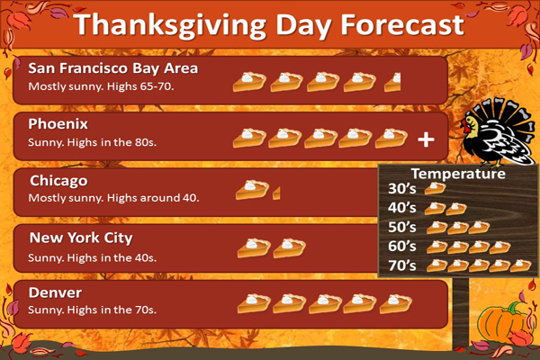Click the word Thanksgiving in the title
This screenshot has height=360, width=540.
click(170, 25)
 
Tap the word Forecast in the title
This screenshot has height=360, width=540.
click(402, 24)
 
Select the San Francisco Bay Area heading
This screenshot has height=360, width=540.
click(113, 68)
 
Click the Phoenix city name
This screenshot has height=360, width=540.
click(58, 124)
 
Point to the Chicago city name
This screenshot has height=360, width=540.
click(58, 181)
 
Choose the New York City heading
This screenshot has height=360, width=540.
click(81, 238)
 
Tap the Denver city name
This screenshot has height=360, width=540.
click(55, 292)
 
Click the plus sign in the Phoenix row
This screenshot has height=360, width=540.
click(426, 139)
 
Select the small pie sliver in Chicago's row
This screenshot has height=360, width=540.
click(276, 193)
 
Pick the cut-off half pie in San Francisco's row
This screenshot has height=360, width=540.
click(393, 82)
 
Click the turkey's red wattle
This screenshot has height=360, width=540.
click(467, 127)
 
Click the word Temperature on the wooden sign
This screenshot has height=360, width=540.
click(458, 174)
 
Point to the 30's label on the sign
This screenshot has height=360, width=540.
click(402, 189)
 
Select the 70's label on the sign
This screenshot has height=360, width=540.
click(402, 266)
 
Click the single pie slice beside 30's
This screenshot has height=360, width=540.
click(436, 188)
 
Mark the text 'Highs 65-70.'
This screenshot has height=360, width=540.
click(140, 86)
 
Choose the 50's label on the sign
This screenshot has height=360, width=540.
click(402, 228)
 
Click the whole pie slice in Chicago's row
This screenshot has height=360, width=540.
click(252, 190)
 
